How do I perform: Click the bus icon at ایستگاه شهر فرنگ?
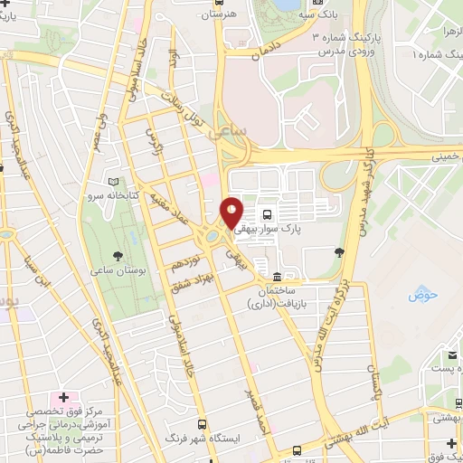click(x=201, y=424)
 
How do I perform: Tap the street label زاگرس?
click(x=156, y=142)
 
